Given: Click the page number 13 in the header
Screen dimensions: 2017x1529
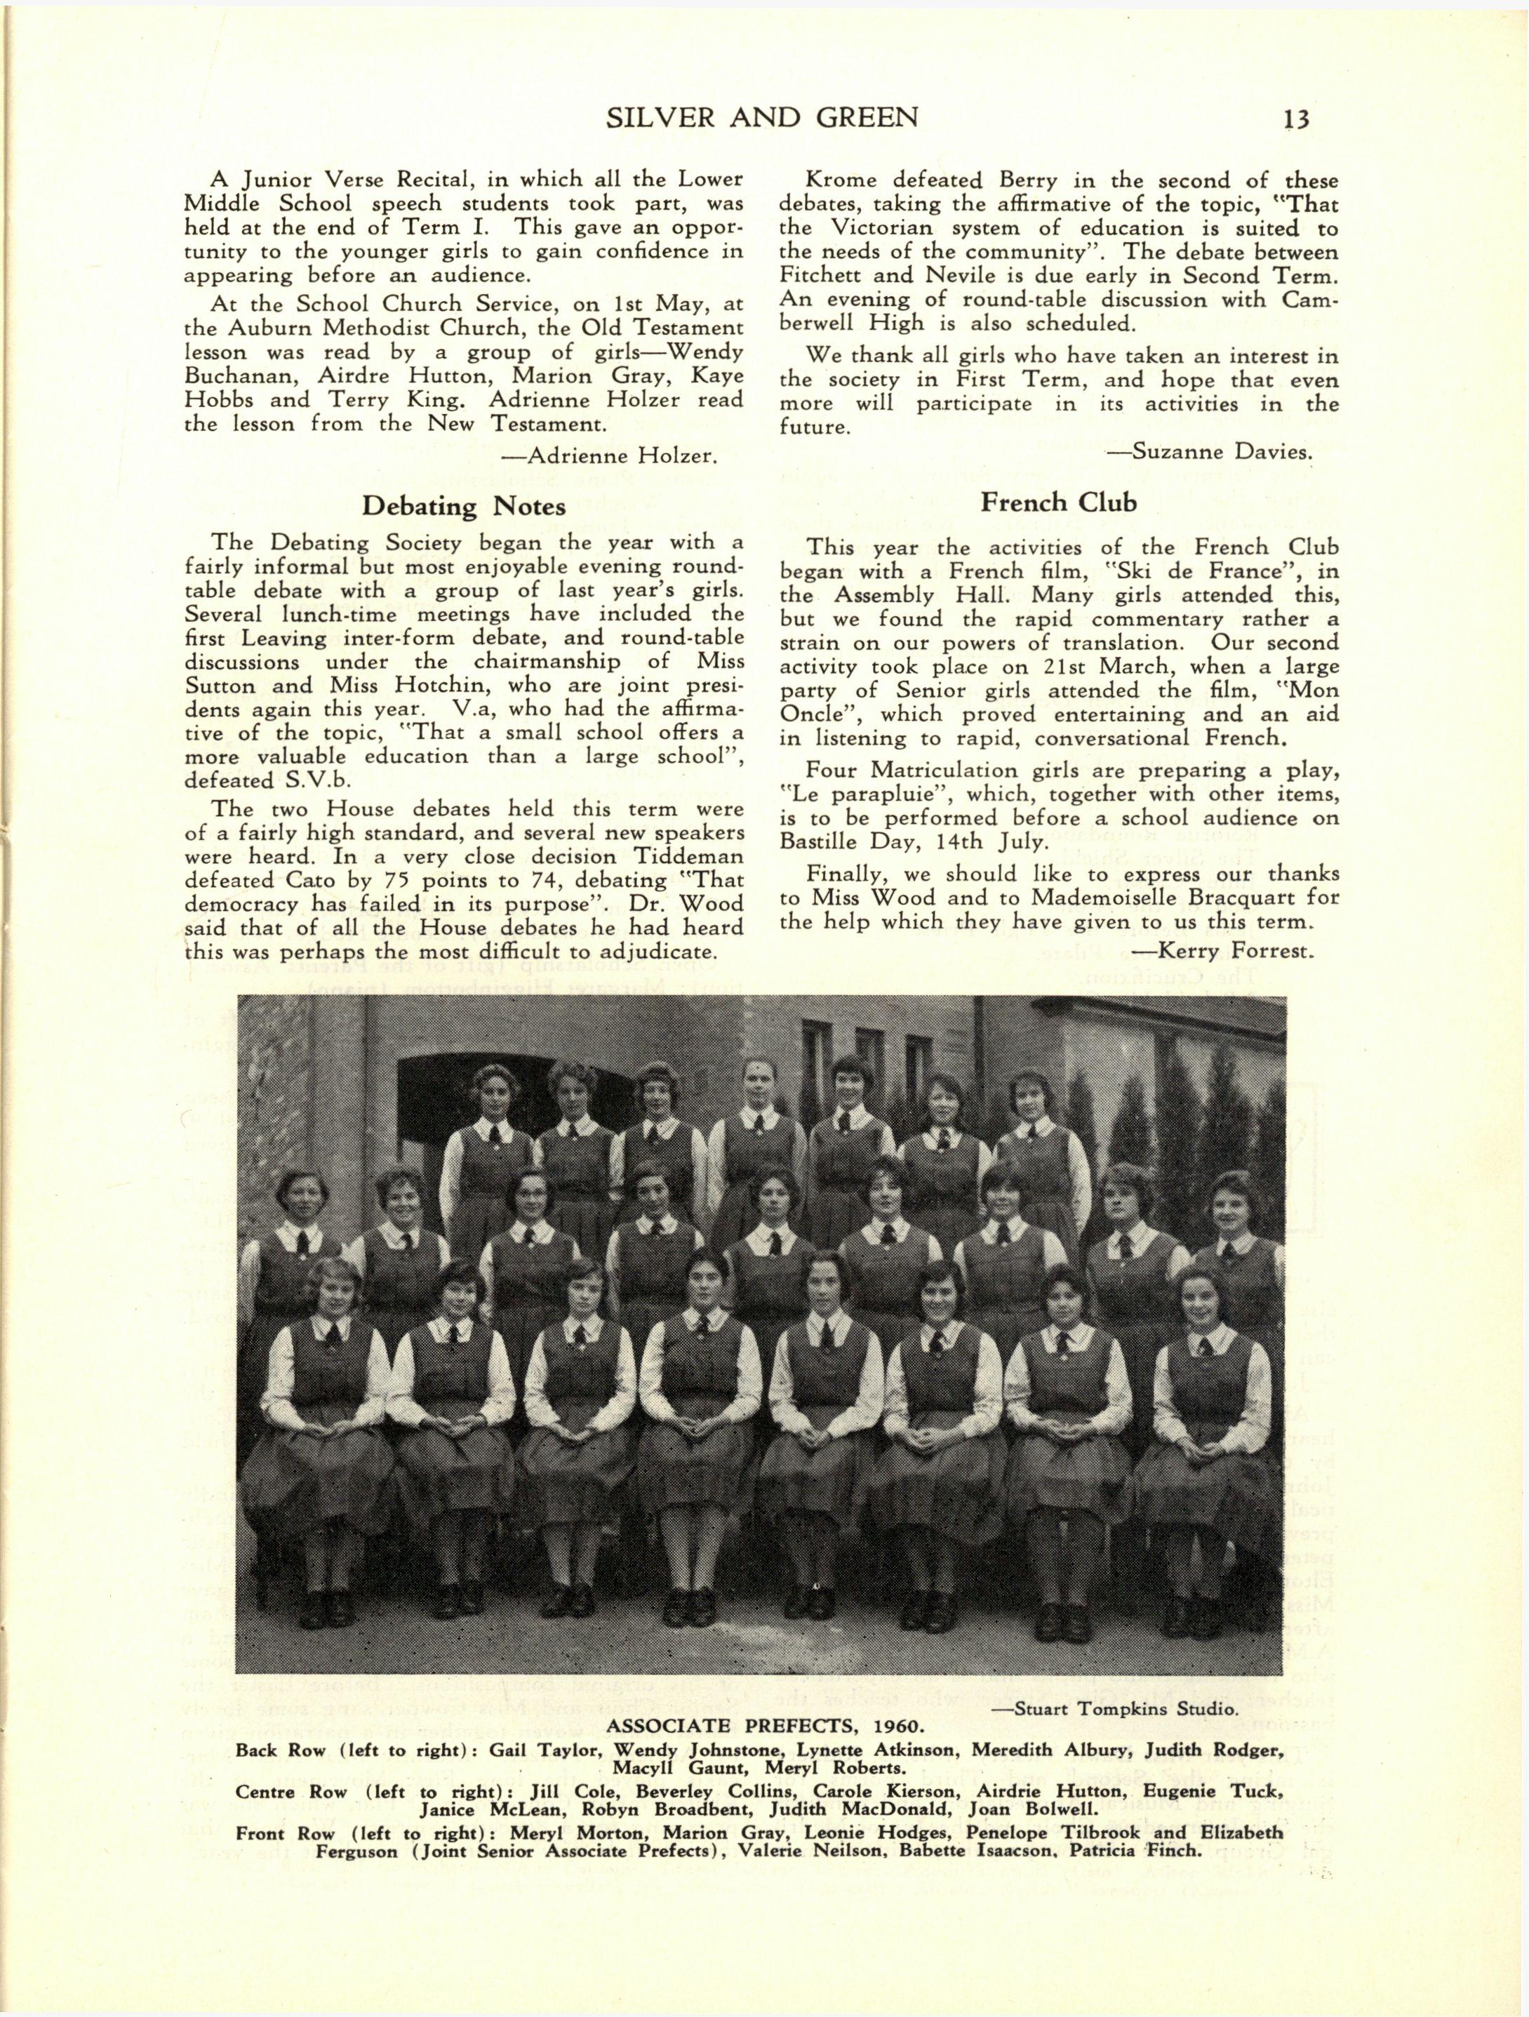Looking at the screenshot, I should (x=1295, y=119).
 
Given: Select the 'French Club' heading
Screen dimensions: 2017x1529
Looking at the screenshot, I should (x=1060, y=502).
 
